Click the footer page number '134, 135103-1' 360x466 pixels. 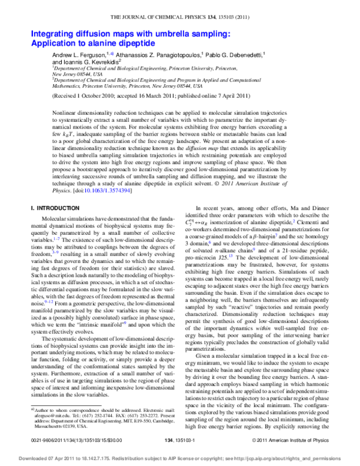coord(179,443)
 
